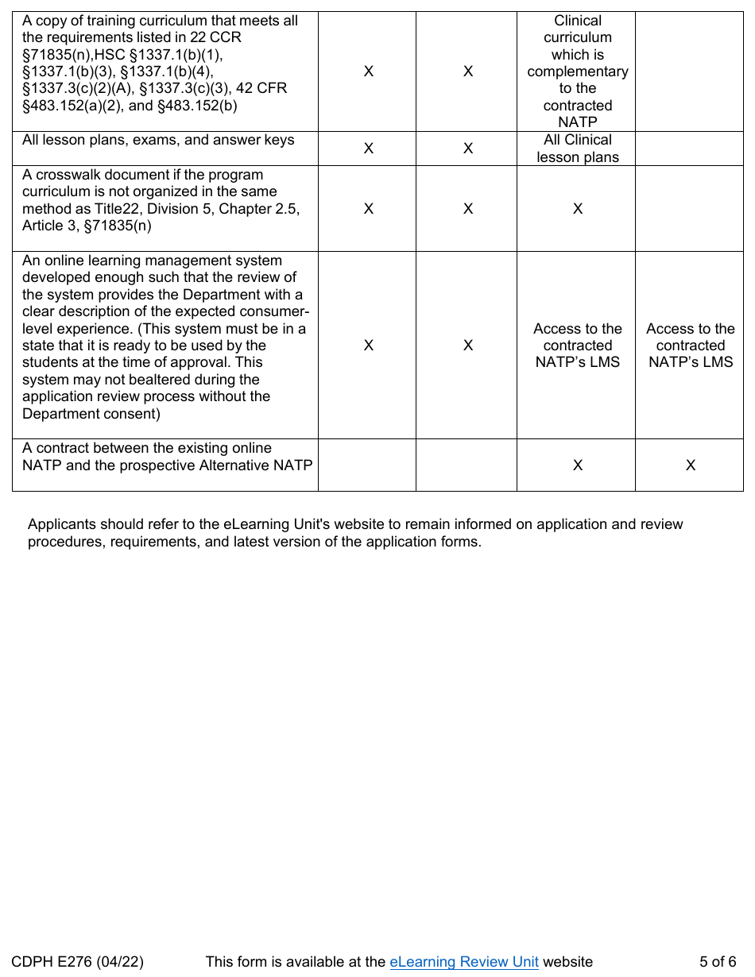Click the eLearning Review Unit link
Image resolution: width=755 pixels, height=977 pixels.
(x=464, y=962)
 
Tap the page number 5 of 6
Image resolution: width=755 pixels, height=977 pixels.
(x=718, y=962)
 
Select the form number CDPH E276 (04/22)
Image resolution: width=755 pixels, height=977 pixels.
(x=78, y=962)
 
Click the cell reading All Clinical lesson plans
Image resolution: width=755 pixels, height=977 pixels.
(x=578, y=149)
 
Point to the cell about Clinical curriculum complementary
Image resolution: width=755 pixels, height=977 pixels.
(x=578, y=71)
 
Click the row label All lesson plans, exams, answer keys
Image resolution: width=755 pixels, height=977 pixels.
(x=158, y=141)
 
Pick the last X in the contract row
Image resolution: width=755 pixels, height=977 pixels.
(x=691, y=465)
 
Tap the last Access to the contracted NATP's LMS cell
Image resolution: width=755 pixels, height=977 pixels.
(x=691, y=346)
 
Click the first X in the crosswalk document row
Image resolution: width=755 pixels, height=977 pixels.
(x=369, y=209)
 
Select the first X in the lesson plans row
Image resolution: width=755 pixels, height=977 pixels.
(x=369, y=149)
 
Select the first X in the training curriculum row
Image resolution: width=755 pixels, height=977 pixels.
(x=369, y=71)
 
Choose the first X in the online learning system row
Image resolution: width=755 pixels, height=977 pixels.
(x=369, y=346)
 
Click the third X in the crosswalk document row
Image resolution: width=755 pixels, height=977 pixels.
(x=578, y=209)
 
